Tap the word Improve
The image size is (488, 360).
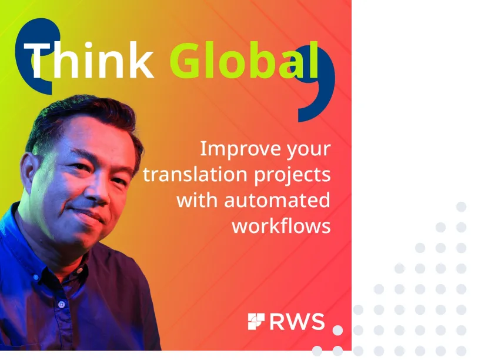coord(234,149)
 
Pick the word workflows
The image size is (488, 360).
coord(281,225)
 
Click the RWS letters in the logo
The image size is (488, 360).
coord(297,322)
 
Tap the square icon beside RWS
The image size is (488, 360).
coord(256,322)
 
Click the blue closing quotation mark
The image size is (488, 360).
coord(317,88)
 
